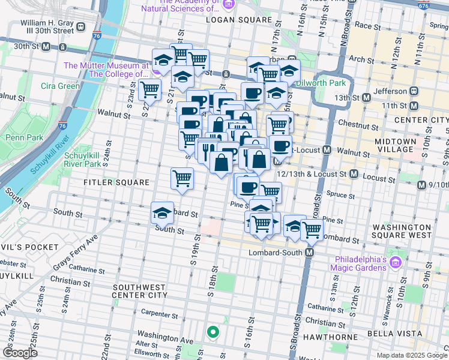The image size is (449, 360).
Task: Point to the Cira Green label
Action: click(x=60, y=86)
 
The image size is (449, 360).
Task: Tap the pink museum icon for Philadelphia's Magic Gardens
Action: click(x=396, y=263)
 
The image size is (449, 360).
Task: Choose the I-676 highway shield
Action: click(x=423, y=5)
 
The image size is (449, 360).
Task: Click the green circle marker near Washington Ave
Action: click(x=212, y=331)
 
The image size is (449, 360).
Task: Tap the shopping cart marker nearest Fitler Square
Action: click(x=181, y=178)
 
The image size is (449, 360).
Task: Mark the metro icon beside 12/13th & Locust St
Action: click(x=354, y=174)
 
